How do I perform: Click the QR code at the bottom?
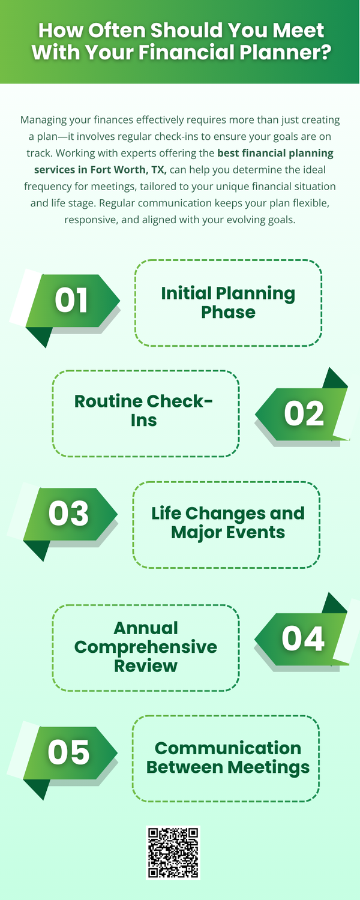tap(173, 853)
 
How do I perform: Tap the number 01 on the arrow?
tap(71, 300)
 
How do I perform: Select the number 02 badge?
tap(304, 414)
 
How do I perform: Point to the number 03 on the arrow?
tap(68, 514)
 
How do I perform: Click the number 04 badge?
tap(303, 639)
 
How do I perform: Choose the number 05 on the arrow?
tap(68, 752)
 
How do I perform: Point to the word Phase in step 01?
tap(228, 312)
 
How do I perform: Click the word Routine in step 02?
tap(108, 401)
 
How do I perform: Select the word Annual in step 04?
tap(146, 628)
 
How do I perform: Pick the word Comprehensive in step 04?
tap(145, 647)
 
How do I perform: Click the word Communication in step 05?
tap(228, 749)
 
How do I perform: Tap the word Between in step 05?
tap(185, 767)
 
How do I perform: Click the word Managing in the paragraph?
tap(43, 120)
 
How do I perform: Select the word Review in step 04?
tap(145, 666)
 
